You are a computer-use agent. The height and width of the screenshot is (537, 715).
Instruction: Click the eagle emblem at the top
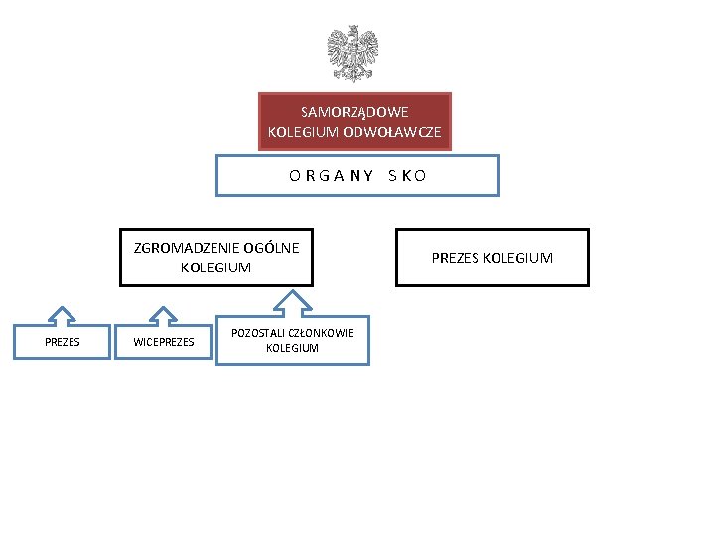click(x=354, y=54)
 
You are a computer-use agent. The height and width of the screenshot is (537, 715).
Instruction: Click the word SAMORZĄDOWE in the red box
click(x=355, y=112)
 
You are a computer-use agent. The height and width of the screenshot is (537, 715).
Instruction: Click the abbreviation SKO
click(x=407, y=176)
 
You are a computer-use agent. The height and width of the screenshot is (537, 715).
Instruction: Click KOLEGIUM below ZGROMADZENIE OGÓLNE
click(x=215, y=268)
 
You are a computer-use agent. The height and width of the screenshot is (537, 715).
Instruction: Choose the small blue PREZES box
click(x=63, y=343)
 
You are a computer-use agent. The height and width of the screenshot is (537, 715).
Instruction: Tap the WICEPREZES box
click(x=164, y=343)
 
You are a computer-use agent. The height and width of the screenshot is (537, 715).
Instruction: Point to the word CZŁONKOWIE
click(x=319, y=333)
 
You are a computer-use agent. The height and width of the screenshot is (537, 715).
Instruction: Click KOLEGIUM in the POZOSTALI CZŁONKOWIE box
click(x=292, y=348)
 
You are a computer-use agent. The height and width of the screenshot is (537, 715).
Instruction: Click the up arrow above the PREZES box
click(x=63, y=316)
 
